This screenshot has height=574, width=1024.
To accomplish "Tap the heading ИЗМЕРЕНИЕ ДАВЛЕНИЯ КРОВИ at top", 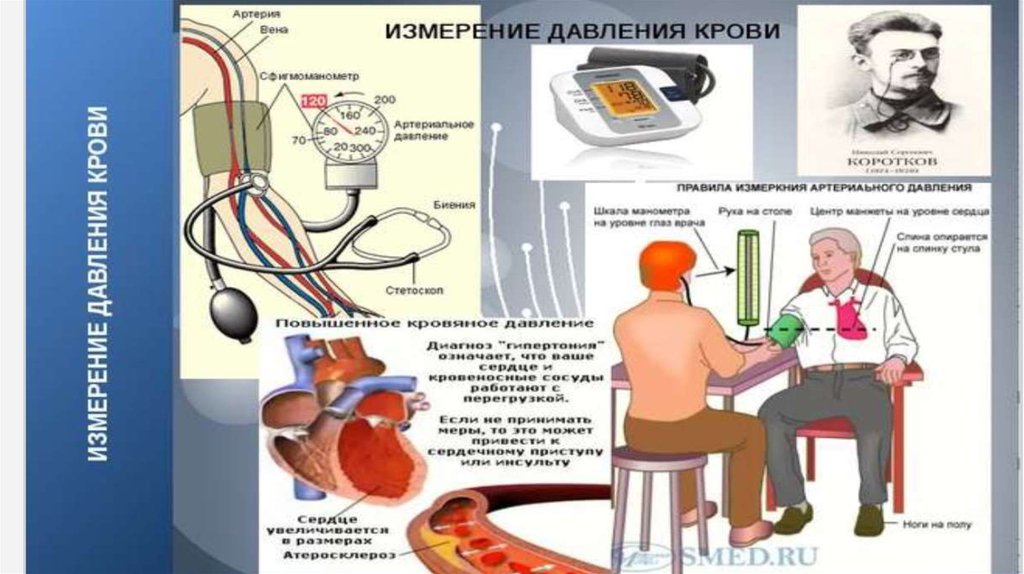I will pyautogui.click(x=583, y=32).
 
